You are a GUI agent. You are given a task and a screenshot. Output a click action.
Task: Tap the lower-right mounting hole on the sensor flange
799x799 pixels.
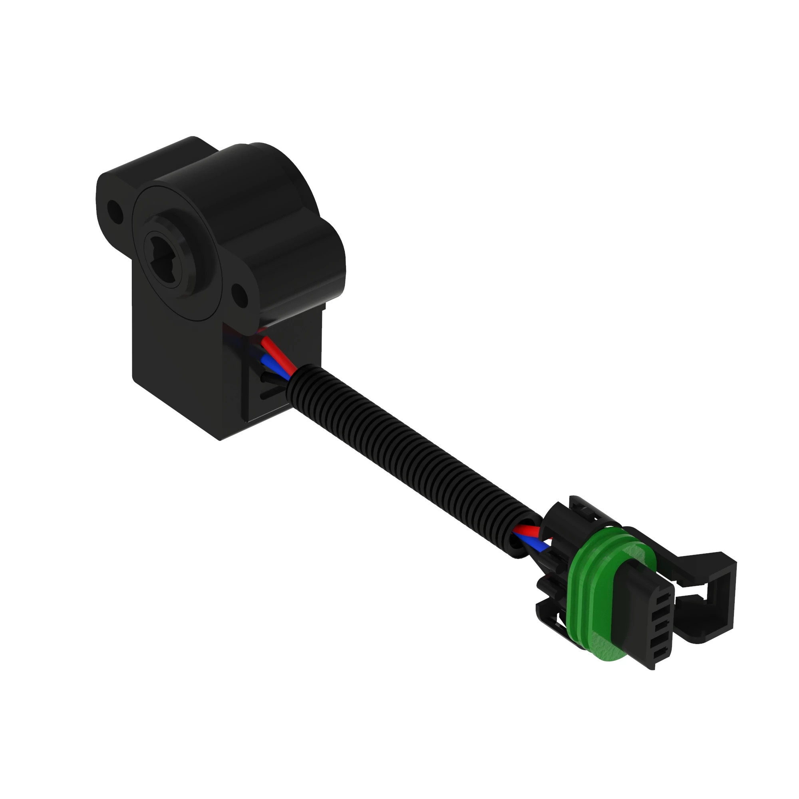(240, 295)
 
